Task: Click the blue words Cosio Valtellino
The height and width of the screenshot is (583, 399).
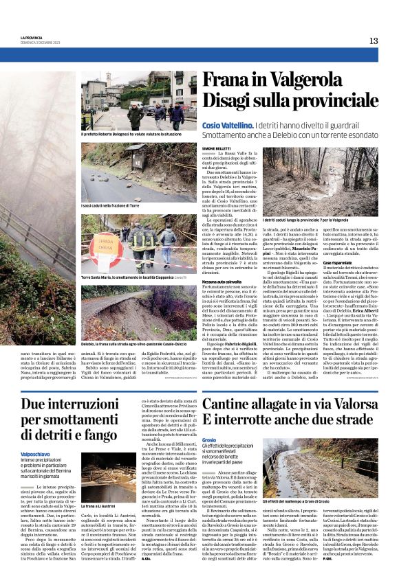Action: [247, 126]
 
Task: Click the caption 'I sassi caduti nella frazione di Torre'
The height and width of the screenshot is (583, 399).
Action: [111, 205]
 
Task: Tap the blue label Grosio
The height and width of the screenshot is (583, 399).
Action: [209, 439]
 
